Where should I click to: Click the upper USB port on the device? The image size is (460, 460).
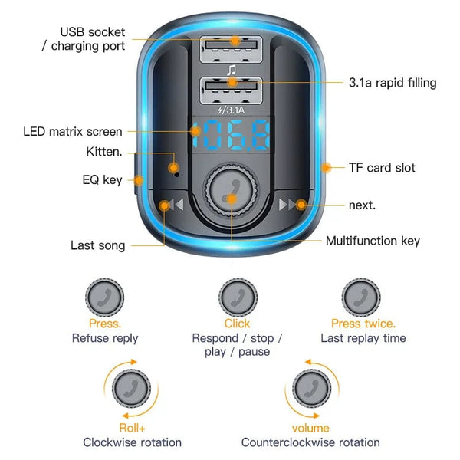[x=230, y=51]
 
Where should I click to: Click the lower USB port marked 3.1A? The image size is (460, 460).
[x=230, y=90]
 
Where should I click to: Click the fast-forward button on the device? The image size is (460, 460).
[x=291, y=205]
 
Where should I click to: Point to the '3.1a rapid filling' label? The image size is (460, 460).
[x=392, y=82]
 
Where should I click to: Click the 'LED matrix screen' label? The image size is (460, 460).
[x=73, y=132]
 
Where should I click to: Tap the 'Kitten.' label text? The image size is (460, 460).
[x=103, y=152]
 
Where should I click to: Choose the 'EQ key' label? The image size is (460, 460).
[x=103, y=180]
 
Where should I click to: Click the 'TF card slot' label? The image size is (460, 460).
[x=382, y=167]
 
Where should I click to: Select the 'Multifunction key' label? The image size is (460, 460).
[x=373, y=241]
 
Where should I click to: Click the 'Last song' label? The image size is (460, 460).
[x=97, y=245]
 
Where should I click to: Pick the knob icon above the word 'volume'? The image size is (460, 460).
[x=310, y=389]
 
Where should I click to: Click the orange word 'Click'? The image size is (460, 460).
[x=237, y=324]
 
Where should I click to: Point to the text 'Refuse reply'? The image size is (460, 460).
[x=105, y=338]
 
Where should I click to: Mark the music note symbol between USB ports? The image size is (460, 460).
[x=230, y=70]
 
